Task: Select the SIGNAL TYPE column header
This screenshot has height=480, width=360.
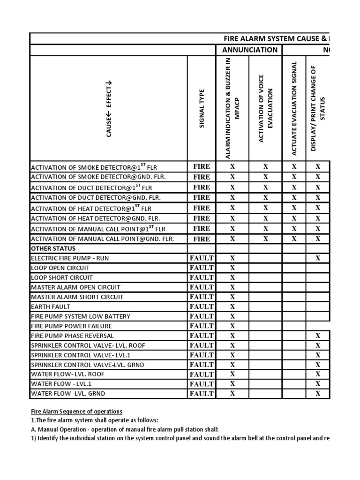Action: (202, 109)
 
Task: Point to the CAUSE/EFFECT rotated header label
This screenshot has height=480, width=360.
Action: (109, 109)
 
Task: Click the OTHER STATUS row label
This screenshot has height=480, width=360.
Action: (53, 248)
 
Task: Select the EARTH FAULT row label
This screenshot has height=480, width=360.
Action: (51, 307)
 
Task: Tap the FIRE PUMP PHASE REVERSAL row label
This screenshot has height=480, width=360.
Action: (72, 336)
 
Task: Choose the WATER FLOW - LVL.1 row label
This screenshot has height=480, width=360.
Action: (56, 384)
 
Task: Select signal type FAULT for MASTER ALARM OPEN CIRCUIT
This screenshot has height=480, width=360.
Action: (202, 287)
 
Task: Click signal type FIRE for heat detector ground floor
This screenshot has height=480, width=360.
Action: (202, 218)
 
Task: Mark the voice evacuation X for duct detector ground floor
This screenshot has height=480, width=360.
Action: (265, 197)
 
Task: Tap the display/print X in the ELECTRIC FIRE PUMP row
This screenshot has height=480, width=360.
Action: (318, 258)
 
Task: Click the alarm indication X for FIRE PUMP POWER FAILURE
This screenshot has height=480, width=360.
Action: (232, 326)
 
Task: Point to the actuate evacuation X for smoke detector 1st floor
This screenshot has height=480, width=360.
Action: (294, 166)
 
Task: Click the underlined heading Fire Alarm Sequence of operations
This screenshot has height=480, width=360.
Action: (76, 412)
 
